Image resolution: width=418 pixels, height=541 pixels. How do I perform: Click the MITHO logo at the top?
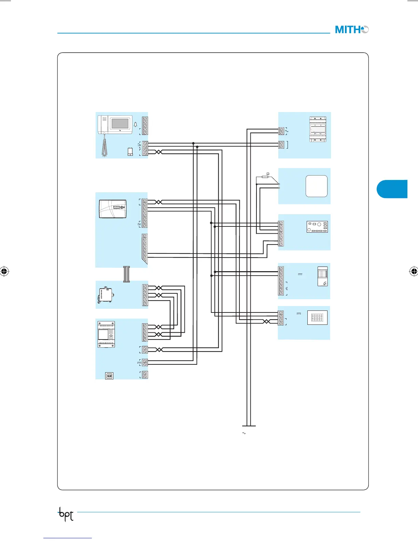tap(351, 30)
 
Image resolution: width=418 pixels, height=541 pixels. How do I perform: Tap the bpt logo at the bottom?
tap(66, 514)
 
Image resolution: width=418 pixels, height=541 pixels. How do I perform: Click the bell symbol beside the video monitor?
tap(136, 125)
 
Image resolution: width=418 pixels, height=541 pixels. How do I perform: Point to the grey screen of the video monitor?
tap(120, 123)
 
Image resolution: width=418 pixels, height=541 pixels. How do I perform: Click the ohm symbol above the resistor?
tap(268, 174)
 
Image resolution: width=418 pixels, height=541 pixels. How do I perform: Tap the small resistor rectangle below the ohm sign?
tap(265, 177)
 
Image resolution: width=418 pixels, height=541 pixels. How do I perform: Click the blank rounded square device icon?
tap(316, 186)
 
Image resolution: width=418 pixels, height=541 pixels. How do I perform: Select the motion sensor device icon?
tap(322, 276)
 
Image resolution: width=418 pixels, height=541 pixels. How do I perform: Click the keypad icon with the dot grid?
tap(317, 318)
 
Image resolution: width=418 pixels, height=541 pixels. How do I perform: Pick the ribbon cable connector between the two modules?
tap(126, 274)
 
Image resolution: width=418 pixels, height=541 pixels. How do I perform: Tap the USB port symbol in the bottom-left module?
tap(109, 376)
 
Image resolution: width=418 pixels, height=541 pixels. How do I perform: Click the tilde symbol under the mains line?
tap(244, 433)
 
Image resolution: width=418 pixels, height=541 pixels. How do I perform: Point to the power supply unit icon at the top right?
tap(318, 129)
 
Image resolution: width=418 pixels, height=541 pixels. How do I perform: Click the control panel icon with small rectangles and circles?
tap(317, 227)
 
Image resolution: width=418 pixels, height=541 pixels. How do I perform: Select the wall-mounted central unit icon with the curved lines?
tap(113, 209)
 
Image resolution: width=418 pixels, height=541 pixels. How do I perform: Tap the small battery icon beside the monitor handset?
tap(130, 152)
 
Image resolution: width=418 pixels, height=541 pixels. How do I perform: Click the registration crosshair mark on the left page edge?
tap(4, 272)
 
